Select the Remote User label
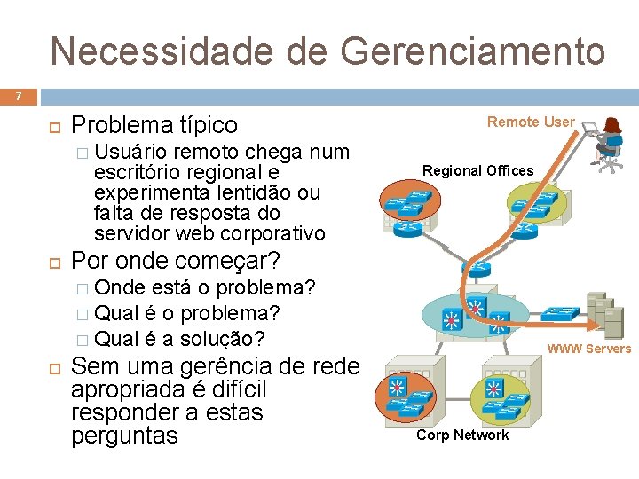tap(531, 122)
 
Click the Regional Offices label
tap(477, 170)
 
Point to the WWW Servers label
tap(588, 349)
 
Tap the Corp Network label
tap(462, 435)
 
